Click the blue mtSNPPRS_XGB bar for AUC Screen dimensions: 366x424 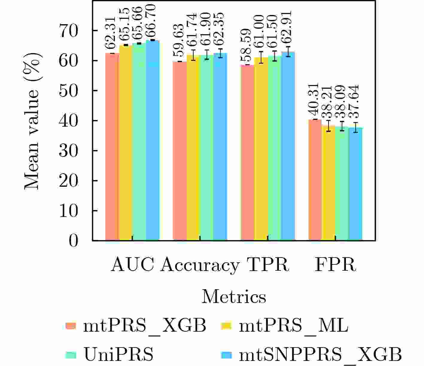point(153,140)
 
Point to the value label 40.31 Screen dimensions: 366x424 point(315,102)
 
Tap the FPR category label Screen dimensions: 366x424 point(335,265)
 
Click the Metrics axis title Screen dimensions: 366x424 point(234,297)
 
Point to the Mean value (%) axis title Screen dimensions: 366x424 point(32,121)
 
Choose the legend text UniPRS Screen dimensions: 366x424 point(118,355)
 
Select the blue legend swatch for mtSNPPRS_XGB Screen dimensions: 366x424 point(226,355)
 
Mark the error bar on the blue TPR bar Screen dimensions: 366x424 point(288,52)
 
